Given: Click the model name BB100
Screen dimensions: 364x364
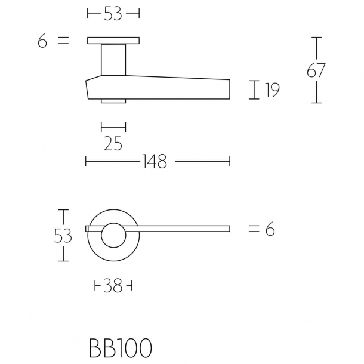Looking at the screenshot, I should tap(119, 348).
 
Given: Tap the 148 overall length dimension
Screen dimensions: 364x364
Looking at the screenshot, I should tap(154, 161).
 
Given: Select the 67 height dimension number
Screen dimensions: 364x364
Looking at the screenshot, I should tap(316, 70).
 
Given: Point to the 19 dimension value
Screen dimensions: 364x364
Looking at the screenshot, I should tap(272, 90).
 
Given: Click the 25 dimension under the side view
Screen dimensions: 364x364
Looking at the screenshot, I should tap(113, 143).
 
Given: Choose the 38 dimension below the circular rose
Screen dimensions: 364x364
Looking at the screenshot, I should tap(113, 287).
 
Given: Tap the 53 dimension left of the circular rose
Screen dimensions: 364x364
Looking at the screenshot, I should tap(63, 236).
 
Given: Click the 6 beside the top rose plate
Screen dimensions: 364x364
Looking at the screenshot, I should tap(41, 42).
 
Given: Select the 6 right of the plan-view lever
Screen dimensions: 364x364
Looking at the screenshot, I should tap(270, 229).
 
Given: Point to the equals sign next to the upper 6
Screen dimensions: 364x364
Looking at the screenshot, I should tap(63, 41).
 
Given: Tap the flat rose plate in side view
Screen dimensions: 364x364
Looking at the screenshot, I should tap(113, 41).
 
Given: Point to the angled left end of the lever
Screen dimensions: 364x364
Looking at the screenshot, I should tap(90, 88).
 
